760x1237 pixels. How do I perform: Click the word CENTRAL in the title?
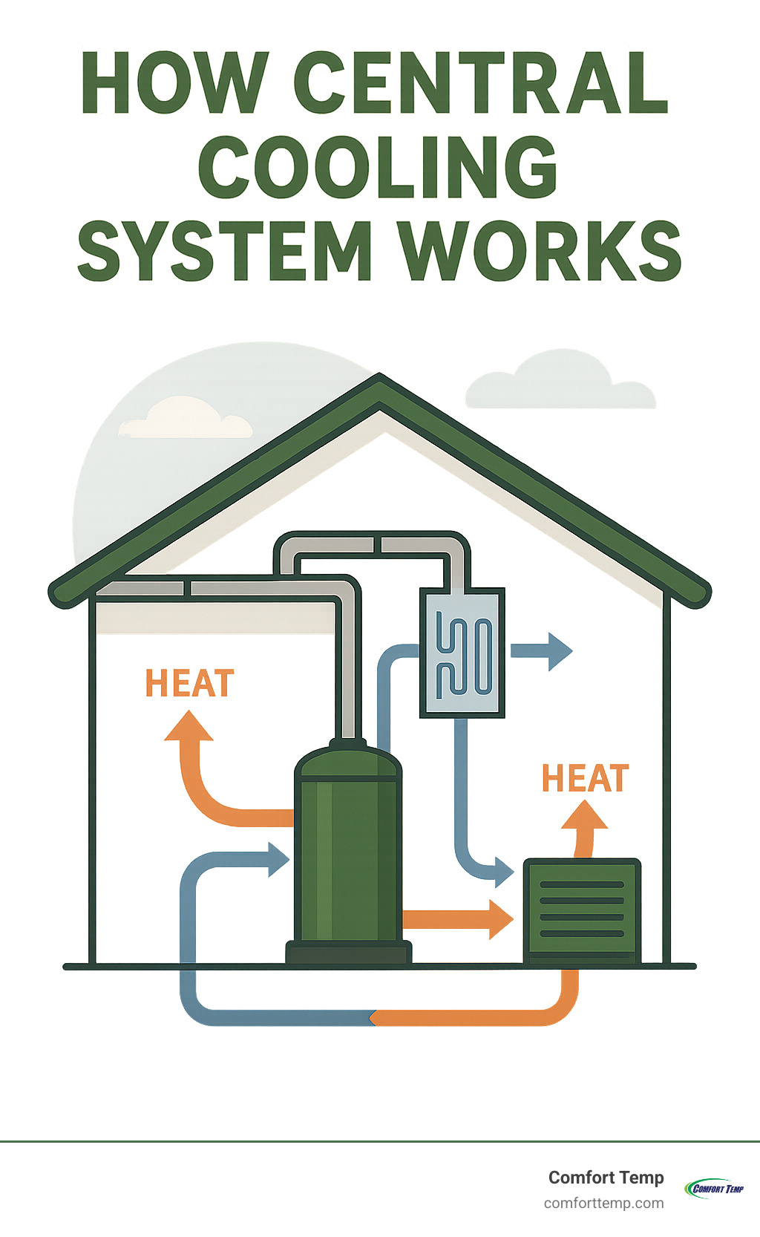(481, 83)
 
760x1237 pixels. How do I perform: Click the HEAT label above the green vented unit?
(585, 778)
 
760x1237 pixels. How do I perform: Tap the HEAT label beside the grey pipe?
(190, 684)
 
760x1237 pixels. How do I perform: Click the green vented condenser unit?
(582, 910)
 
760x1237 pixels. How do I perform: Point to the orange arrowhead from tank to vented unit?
(500, 919)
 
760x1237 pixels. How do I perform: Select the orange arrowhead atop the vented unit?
(585, 817)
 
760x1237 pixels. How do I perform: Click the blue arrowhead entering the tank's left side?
(278, 860)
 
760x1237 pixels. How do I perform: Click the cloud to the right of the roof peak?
(560, 382)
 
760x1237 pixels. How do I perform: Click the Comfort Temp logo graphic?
(713, 1188)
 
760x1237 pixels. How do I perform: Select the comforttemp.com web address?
(603, 1203)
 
